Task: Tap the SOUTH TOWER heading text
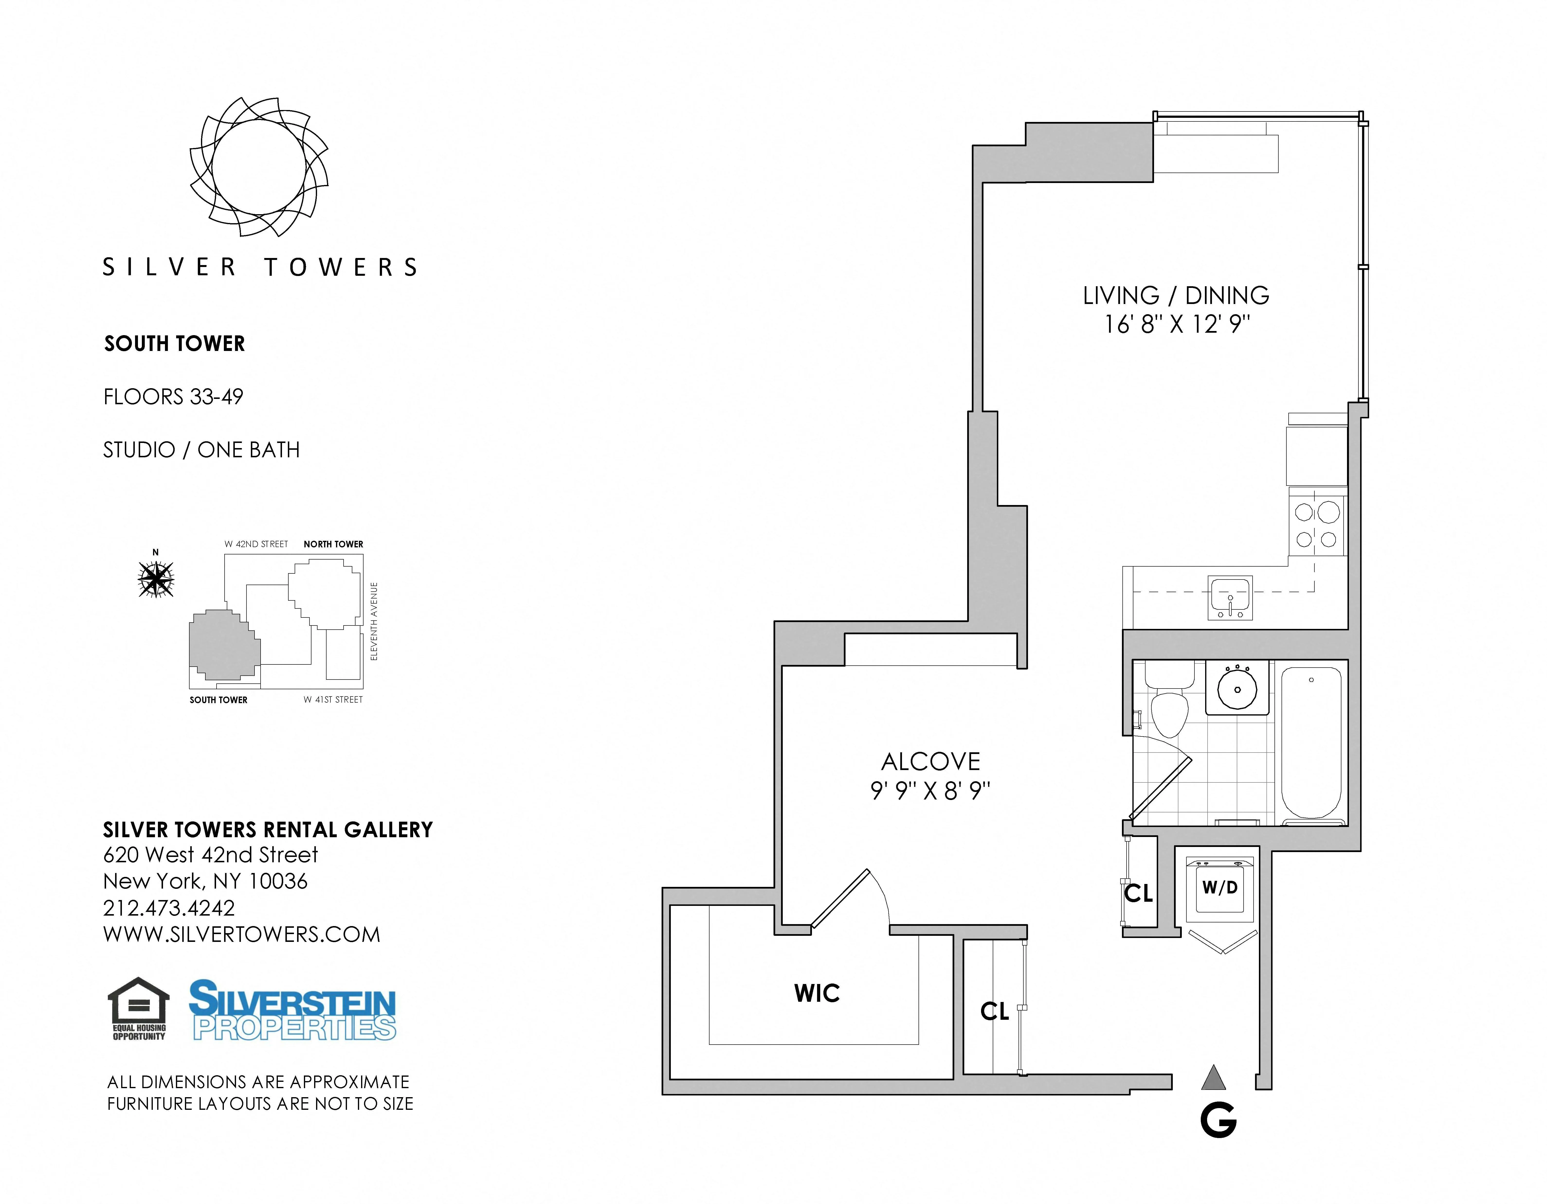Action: click(x=174, y=344)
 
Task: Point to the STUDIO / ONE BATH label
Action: click(x=201, y=450)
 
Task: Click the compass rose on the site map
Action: click(x=156, y=579)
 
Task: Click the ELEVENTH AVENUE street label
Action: click(x=374, y=622)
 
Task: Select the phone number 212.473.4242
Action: click(x=169, y=908)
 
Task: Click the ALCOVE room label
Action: click(x=930, y=762)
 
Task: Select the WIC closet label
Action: click(x=817, y=993)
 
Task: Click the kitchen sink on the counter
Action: click(x=1230, y=597)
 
